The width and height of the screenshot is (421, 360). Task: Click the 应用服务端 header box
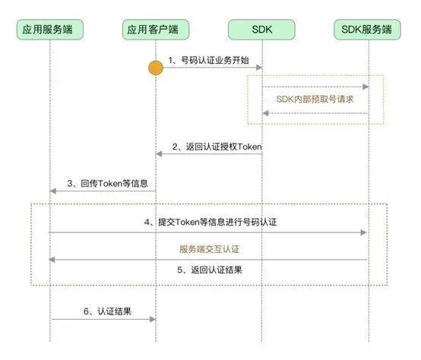tap(50, 30)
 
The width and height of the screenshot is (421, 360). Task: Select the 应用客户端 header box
tap(156, 30)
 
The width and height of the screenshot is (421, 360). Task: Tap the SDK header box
tap(261, 30)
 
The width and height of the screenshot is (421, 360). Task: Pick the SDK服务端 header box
tap(367, 30)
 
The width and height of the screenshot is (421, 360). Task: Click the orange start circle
tap(156, 68)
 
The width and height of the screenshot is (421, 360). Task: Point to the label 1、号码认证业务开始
tap(209, 60)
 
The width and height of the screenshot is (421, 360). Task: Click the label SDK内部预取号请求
tap(315, 99)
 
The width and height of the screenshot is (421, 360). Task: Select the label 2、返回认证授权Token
tap(217, 147)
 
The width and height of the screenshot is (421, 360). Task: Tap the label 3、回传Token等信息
tap(107, 184)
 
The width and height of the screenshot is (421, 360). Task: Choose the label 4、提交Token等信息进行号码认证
tap(210, 222)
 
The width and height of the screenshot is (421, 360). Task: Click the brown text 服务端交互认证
tap(209, 249)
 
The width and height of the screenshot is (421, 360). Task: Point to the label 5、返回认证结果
tap(210, 270)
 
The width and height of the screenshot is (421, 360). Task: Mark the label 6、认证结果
tap(107, 311)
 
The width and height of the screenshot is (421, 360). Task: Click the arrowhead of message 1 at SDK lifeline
tap(259, 68)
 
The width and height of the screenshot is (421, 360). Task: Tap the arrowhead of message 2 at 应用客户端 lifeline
tap(159, 153)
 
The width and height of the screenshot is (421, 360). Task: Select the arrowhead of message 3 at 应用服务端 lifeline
tap(53, 191)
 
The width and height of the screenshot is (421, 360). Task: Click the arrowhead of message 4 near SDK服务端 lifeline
tap(363, 232)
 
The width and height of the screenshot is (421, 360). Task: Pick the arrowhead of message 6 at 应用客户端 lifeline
tap(153, 319)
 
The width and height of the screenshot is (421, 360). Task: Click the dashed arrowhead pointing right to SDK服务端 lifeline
tap(366, 87)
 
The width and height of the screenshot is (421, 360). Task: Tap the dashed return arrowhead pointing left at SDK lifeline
tap(265, 113)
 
